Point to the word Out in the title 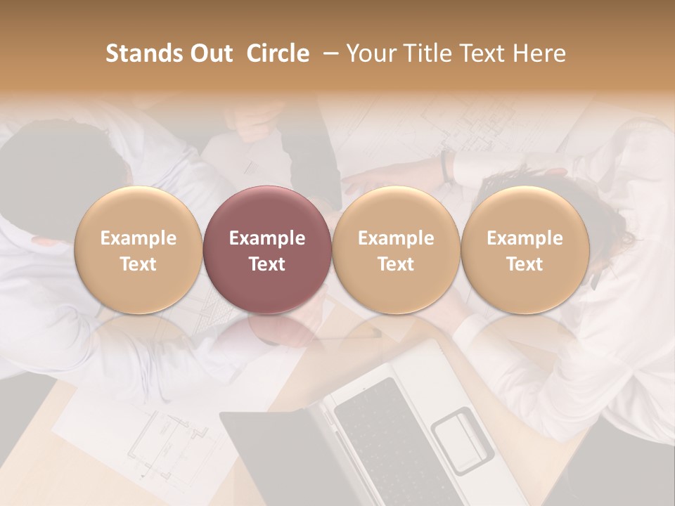coord(210,53)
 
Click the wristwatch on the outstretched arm coord(446,166)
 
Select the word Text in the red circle coord(266,264)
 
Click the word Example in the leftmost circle coord(138,238)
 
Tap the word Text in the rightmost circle coord(525,264)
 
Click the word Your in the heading coord(370,53)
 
